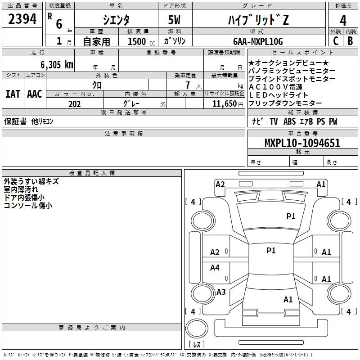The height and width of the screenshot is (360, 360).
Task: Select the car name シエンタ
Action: pyautogui.click(x=117, y=19)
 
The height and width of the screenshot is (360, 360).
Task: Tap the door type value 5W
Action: pyautogui.click(x=175, y=19)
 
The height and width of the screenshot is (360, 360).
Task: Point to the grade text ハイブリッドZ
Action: pyautogui.click(x=258, y=19)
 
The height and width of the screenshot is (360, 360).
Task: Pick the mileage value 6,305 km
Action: pyautogui.click(x=50, y=64)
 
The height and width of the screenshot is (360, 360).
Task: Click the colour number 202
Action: pyautogui.click(x=74, y=104)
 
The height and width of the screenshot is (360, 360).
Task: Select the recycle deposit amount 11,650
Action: pyautogui.click(x=224, y=104)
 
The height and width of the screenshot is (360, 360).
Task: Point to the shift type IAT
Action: pyautogui.click(x=13, y=94)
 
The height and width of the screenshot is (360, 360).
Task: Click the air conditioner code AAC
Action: pyautogui.click(x=34, y=94)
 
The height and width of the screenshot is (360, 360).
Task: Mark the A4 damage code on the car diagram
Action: pyautogui.click(x=215, y=268)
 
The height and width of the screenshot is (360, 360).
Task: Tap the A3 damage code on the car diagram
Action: pyautogui.click(x=220, y=292)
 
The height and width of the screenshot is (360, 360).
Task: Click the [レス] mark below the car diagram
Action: pyautogui.click(x=197, y=344)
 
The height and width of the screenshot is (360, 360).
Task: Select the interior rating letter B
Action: pyautogui.click(x=350, y=41)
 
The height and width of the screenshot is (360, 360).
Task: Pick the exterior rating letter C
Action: pyautogui.click(x=335, y=41)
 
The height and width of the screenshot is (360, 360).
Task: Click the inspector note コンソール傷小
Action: pyautogui.click(x=28, y=205)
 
